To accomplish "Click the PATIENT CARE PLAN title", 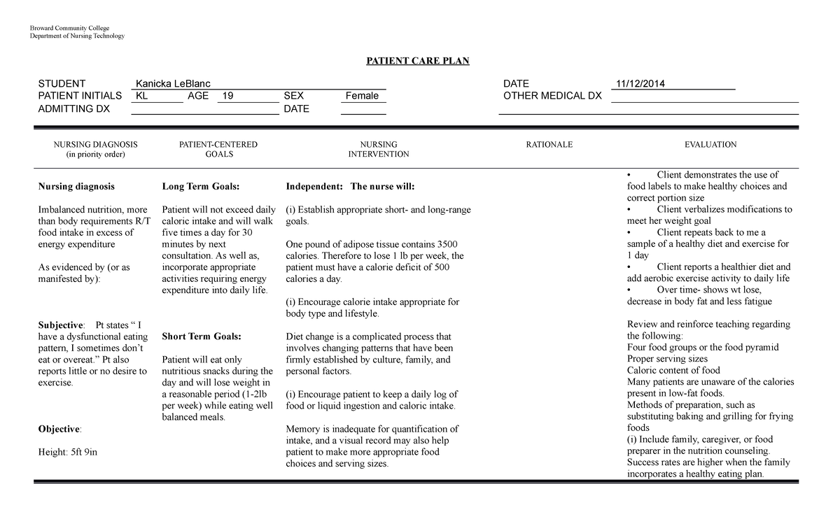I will [418, 61].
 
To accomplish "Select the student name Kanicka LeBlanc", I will [173, 84].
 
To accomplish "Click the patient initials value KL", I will [141, 96].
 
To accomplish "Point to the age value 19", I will [227, 96].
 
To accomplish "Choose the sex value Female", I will [362, 96].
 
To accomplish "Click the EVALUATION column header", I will [710, 145].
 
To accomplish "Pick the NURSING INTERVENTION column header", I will [379, 150].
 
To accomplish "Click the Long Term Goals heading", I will [200, 187].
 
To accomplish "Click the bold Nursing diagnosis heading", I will [76, 187].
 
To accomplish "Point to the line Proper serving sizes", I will [668, 359].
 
